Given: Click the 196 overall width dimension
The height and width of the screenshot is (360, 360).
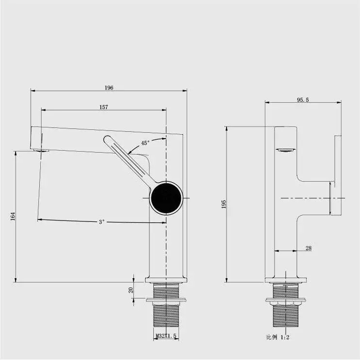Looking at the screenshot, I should point(109,88).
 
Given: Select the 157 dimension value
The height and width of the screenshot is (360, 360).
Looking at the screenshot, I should point(103,107).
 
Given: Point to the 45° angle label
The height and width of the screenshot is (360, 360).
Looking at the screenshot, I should point(145,143).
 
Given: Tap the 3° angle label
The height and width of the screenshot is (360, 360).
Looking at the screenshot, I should point(102,222).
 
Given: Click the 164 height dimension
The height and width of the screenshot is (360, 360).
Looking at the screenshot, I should point(13,217).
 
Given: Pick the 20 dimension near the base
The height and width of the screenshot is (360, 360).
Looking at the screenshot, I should point(131,290).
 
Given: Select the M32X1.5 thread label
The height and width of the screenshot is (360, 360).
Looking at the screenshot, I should point(165,335).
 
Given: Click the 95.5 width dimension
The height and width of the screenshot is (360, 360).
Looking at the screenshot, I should point(303,100).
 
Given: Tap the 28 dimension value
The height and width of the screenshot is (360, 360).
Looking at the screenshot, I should point(309,248).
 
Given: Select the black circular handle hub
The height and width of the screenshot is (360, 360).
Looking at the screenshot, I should point(166,198).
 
